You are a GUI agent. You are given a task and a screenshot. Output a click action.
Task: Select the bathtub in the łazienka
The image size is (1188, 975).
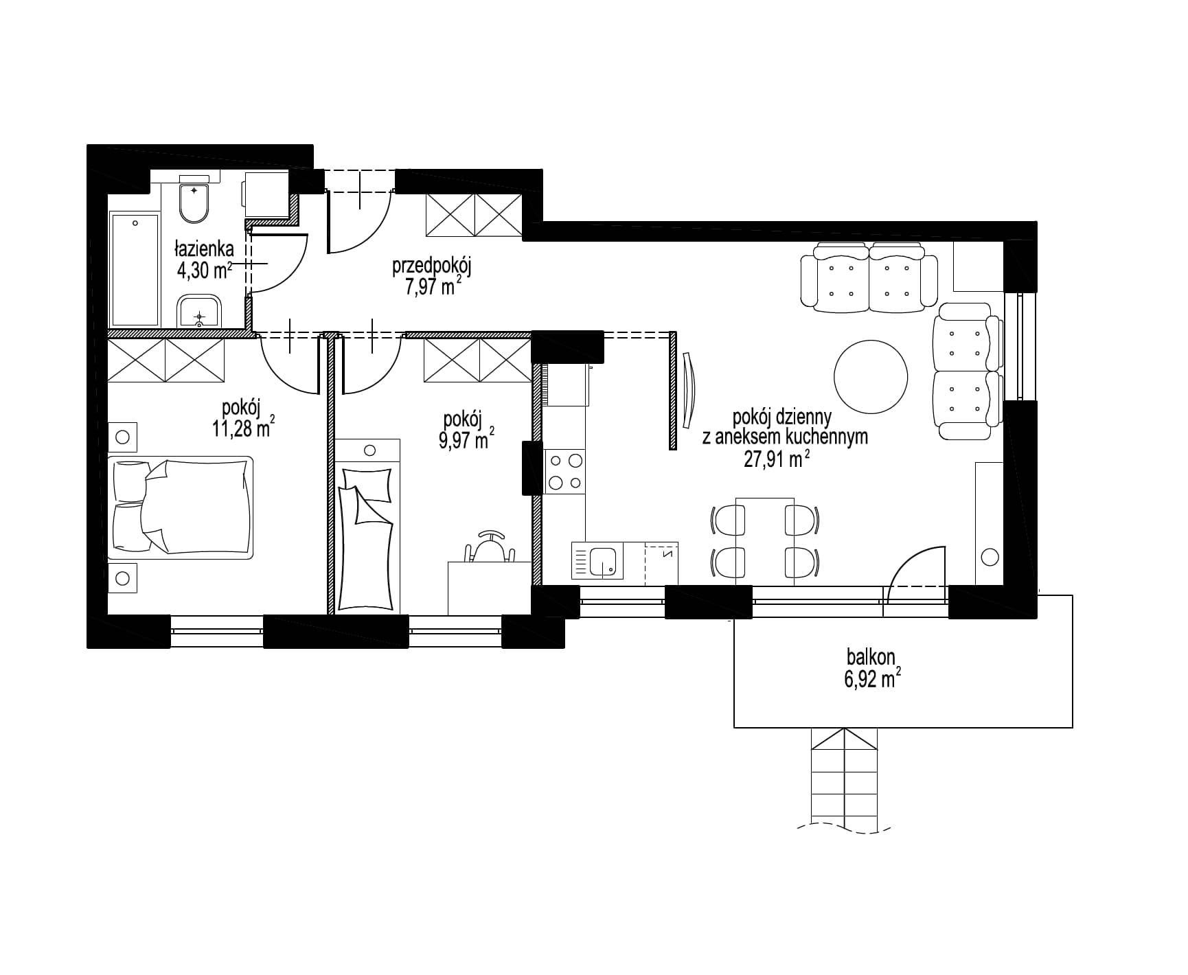click(x=135, y=269)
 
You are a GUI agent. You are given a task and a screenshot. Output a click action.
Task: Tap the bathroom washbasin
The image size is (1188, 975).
click(x=199, y=313)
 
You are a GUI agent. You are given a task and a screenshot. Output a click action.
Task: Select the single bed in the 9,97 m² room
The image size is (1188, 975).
click(x=368, y=525)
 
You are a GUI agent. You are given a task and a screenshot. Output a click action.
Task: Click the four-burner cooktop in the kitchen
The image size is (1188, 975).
click(x=565, y=471)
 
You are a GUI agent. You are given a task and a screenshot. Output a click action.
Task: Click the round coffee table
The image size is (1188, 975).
click(x=871, y=376)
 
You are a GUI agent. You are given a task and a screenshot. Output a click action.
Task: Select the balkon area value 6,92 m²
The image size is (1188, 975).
click(x=871, y=680)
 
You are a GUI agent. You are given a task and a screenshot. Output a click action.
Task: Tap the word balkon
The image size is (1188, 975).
click(x=871, y=657)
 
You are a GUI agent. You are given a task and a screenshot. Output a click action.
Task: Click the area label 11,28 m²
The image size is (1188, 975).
click(x=244, y=428)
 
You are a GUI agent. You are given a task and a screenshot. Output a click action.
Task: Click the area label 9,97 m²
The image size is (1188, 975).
click(x=466, y=439)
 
